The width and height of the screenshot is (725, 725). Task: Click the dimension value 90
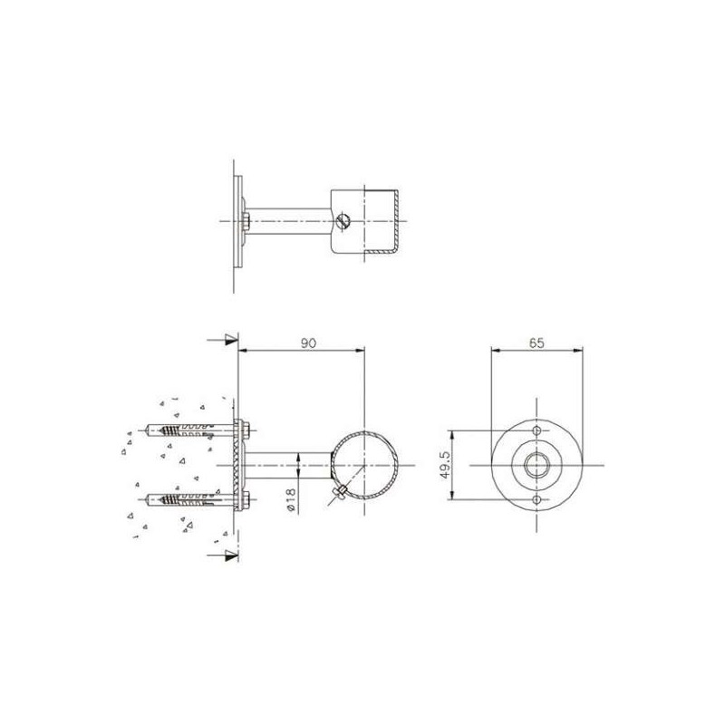coord(308,343)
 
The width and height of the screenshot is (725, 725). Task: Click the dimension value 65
coord(536,343)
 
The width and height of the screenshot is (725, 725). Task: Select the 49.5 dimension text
coord(445,466)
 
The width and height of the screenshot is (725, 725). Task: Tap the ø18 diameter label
coord(291,499)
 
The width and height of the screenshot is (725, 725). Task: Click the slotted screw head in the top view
coord(343,220)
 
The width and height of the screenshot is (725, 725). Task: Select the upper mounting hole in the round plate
coord(536,431)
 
